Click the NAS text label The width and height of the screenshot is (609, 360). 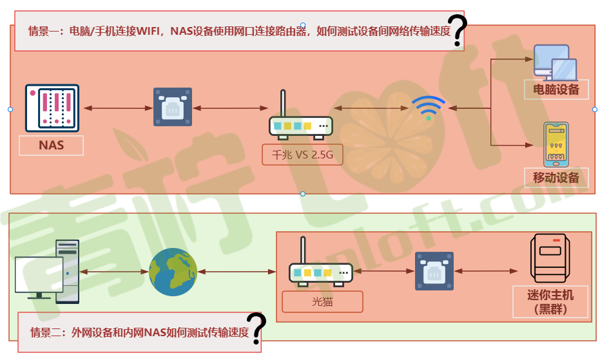52,145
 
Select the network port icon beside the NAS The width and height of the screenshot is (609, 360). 172,107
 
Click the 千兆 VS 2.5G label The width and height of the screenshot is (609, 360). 302,155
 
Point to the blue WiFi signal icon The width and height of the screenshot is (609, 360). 429,108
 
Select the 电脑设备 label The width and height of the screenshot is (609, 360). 556,89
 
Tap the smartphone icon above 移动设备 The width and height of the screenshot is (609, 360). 556,143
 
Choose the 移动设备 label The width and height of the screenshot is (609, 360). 556,177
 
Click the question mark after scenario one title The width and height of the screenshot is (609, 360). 458,30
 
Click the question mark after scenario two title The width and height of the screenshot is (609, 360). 257,329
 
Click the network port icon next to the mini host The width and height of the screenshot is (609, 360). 434,271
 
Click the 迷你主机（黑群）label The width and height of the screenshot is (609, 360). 550,301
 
